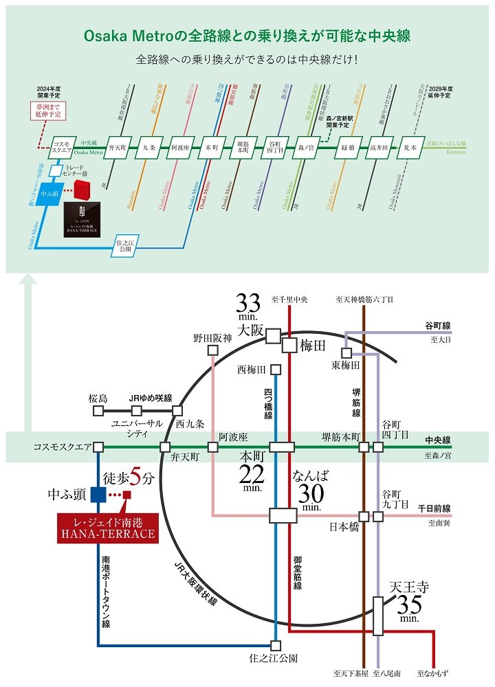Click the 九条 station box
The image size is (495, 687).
coord(149,148)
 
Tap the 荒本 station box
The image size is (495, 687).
coord(410,148)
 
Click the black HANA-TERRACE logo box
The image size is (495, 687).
coord(85,219)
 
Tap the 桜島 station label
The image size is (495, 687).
coord(98,398)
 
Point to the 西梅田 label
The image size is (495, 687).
coord(251,370)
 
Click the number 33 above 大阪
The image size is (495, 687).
coord(248,303)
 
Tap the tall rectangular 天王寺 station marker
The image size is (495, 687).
coord(377,616)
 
